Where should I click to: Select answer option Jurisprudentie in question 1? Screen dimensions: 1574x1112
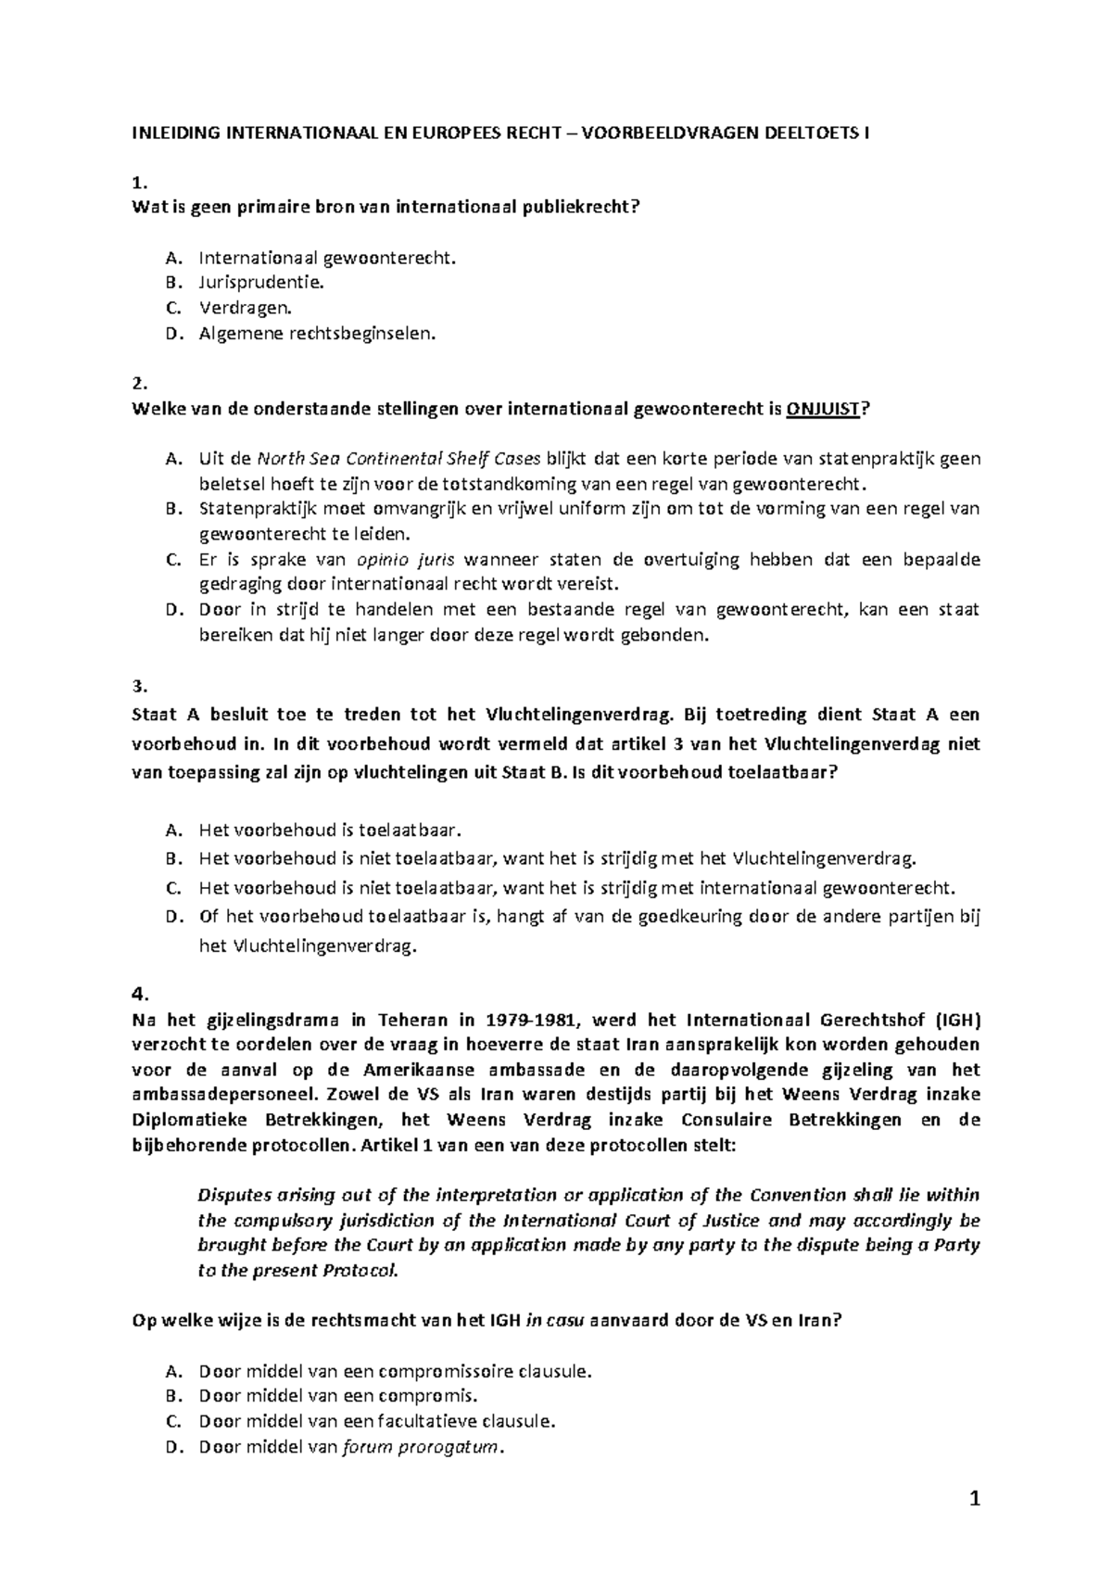coord(261,282)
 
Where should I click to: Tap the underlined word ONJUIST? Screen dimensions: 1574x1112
coord(823,409)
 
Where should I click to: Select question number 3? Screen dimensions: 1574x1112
coord(139,686)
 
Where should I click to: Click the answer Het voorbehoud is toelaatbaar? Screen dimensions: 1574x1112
coord(329,830)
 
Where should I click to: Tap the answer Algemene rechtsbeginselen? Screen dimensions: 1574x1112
coord(315,334)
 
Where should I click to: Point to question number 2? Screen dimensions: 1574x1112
coord(139,384)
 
